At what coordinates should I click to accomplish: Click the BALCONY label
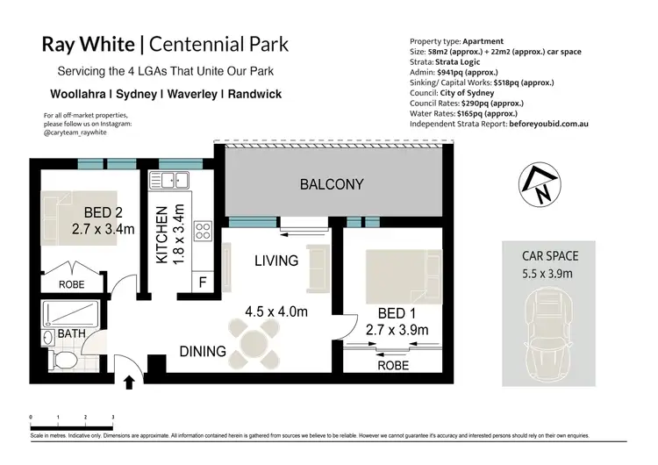331,184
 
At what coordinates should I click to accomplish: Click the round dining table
254,337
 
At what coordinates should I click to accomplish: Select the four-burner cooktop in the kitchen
203,232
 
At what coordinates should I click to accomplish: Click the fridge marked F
202,283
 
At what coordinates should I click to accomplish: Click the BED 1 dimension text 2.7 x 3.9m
396,330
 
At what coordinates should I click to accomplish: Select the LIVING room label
275,261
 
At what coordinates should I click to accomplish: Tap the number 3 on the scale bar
113,418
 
